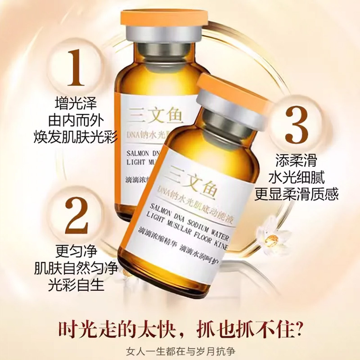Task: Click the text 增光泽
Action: [76, 104]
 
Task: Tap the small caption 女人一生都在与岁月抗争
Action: [180, 351]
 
